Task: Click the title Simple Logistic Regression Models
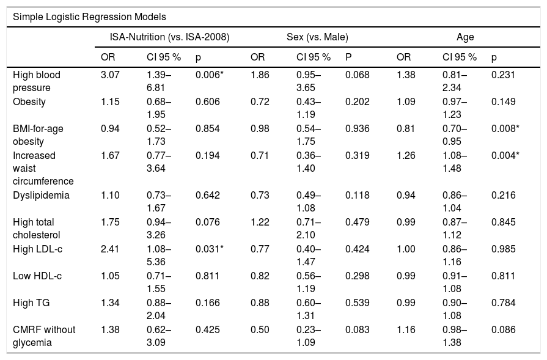(89, 17)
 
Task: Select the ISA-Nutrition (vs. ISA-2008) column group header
(169, 37)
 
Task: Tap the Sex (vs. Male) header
(317, 37)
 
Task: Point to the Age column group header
(465, 37)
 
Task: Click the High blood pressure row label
(37, 81)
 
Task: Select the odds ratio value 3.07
(110, 75)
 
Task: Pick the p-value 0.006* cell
(209, 75)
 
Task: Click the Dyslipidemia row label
(41, 196)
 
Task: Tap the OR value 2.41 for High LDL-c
(110, 249)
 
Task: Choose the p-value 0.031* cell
(209, 249)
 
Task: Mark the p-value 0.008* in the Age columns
(505, 129)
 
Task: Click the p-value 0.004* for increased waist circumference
(505, 156)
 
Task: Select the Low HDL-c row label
(37, 276)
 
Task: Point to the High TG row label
(31, 303)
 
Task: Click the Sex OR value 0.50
(260, 329)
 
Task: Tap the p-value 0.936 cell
(357, 129)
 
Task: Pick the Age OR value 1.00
(406, 249)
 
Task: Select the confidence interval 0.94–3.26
(159, 229)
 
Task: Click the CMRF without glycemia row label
(44, 336)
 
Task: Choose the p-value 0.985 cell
(504, 249)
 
